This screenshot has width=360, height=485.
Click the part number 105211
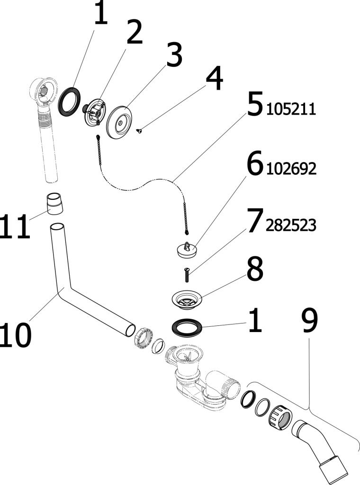point(291,110)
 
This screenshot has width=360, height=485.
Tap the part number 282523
point(291,226)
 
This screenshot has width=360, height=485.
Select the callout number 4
point(214,80)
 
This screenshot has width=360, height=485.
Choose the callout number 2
point(134,34)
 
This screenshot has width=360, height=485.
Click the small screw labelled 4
point(139,131)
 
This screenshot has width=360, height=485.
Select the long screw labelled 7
point(186,274)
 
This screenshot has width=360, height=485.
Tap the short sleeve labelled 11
point(55,204)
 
